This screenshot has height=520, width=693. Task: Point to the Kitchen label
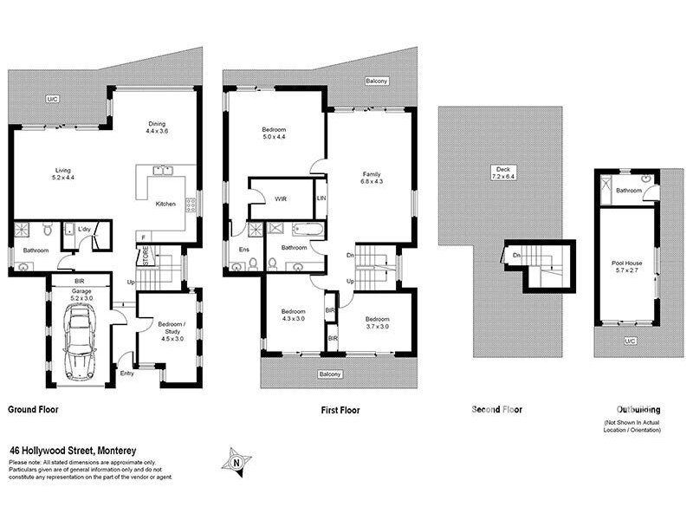pos(165,204)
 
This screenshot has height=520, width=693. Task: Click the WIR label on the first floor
pos(281,198)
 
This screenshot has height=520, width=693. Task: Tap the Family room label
pos(371,178)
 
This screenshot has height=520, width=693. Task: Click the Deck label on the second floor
pos(500,172)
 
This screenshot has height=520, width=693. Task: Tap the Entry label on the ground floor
pos(127,374)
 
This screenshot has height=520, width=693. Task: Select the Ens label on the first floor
pos(243,250)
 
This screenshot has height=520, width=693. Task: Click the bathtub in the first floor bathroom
pos(308,231)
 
